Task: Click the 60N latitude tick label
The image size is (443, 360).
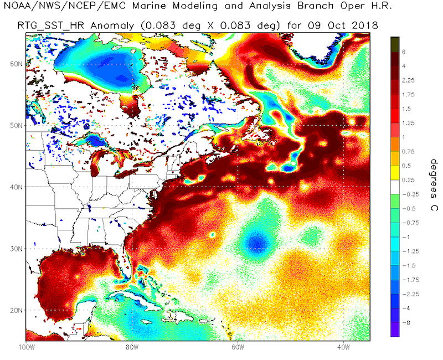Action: pos(15,64)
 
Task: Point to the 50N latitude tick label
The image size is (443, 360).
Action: pos(15,125)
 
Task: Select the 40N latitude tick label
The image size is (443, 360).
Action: pos(15,187)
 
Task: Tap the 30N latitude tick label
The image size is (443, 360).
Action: pos(15,249)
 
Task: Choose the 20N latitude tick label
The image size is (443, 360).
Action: pos(15,310)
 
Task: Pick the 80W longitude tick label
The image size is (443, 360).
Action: pos(131,347)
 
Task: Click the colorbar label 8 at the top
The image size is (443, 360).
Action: pos(404,52)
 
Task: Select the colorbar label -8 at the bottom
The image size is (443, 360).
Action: pos(405,322)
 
